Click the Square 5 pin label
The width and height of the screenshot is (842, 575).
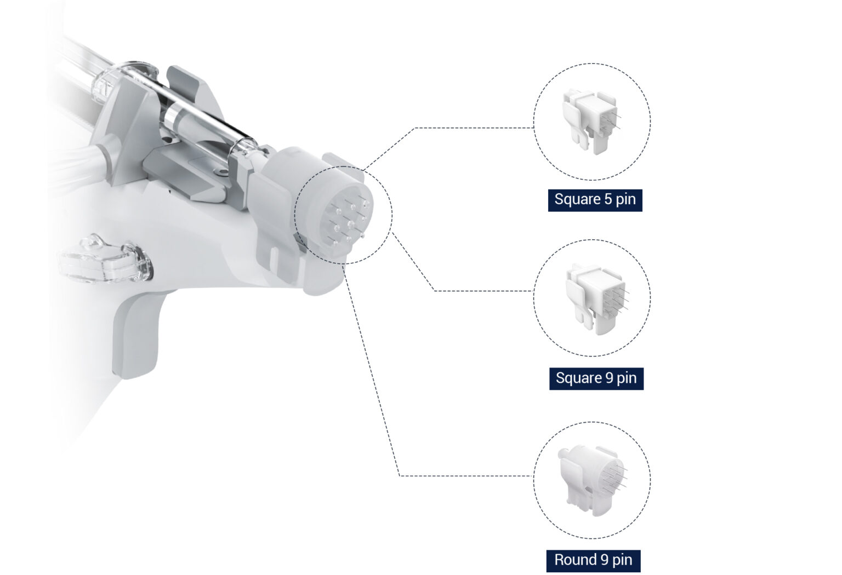(595, 199)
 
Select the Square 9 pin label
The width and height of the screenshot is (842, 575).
(596, 378)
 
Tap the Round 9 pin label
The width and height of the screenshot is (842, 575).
(593, 560)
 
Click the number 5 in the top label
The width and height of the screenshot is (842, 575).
(608, 199)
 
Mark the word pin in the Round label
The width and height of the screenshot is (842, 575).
(622, 560)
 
